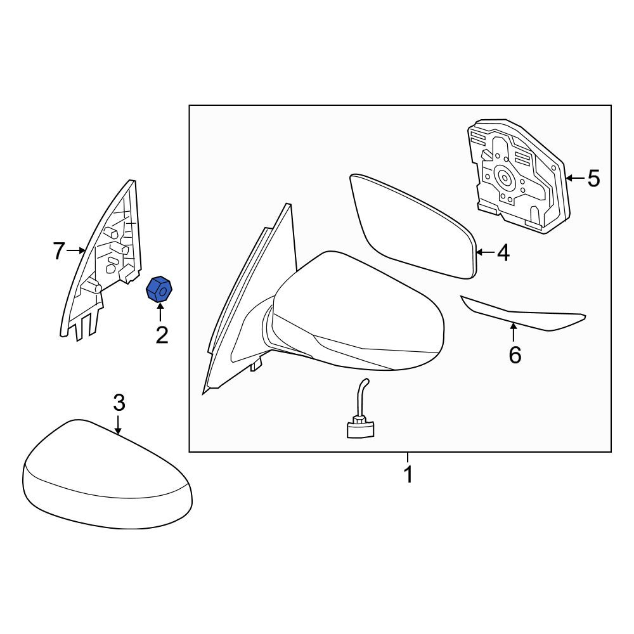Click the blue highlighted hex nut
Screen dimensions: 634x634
pyautogui.click(x=159, y=288)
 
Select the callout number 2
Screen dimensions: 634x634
pyautogui.click(x=162, y=335)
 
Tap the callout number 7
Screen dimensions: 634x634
pyautogui.click(x=58, y=251)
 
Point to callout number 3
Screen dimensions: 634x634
pyautogui.click(x=119, y=403)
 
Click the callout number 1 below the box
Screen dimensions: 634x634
pyautogui.click(x=408, y=474)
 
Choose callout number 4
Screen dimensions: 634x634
pyautogui.click(x=503, y=253)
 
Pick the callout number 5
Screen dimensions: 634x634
pyautogui.click(x=593, y=178)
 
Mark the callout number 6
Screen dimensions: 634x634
pyautogui.click(x=515, y=355)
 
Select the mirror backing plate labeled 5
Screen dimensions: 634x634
pyautogui.click(x=517, y=176)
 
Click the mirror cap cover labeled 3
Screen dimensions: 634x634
pyautogui.click(x=107, y=473)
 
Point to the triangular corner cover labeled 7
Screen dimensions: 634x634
pyautogui.click(x=101, y=259)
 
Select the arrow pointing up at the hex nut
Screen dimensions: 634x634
pyautogui.click(x=160, y=313)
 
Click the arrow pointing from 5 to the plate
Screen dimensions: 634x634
pyautogui.click(x=575, y=178)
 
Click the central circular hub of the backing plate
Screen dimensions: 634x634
pyautogui.click(x=505, y=177)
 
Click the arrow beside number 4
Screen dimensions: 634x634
pyautogui.click(x=485, y=253)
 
